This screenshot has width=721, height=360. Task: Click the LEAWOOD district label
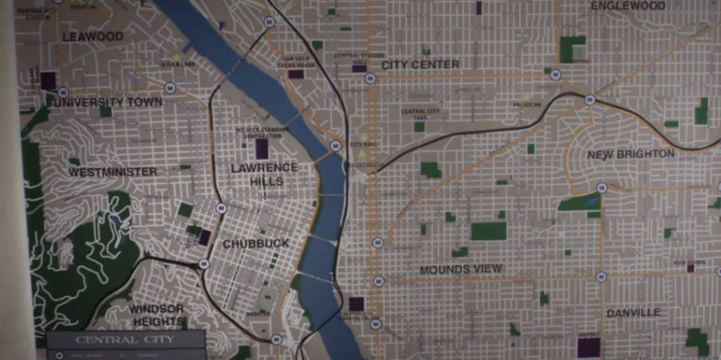click(x=93, y=37)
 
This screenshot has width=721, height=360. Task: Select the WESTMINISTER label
click(x=113, y=172)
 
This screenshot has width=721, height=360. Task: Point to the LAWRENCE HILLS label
click(x=264, y=174)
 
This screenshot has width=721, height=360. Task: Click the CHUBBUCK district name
click(x=255, y=244)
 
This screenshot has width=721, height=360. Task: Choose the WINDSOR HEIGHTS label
click(x=156, y=315)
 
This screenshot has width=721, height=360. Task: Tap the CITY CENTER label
click(x=420, y=65)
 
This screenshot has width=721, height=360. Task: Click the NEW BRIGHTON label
click(x=630, y=155)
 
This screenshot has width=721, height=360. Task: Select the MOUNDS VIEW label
click(x=460, y=269)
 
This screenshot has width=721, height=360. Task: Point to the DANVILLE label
click(x=633, y=312)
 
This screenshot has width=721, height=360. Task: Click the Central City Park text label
click(x=419, y=113)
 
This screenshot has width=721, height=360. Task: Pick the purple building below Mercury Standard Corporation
click(x=261, y=148)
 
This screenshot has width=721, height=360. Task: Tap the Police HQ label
click(x=527, y=105)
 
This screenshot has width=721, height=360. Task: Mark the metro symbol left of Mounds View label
click(x=378, y=282)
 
